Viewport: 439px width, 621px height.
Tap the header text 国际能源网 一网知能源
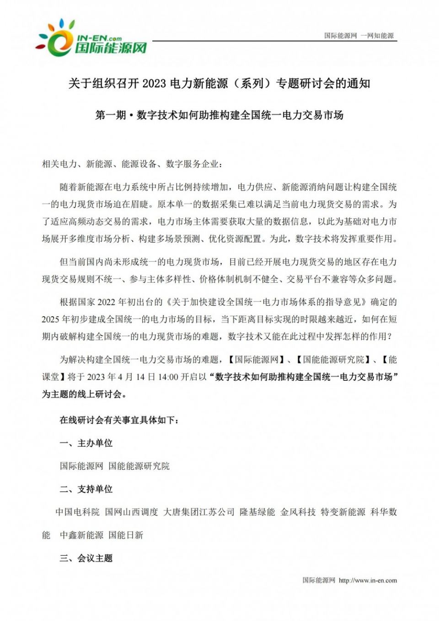359,36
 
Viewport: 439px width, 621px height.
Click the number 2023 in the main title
154,83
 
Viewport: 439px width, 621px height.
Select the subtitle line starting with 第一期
219,115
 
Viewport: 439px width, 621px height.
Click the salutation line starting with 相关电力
132,164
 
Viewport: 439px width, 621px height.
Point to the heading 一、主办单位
86,443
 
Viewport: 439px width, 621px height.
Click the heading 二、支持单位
86,489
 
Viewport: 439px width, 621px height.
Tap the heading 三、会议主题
86,558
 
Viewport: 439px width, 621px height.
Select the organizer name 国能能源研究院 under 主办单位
139,466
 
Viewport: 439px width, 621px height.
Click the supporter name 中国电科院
77,512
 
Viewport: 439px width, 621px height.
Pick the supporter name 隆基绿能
257,512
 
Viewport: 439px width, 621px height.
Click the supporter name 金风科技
298,512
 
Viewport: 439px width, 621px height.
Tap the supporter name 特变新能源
343,512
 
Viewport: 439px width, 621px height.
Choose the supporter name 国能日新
126,535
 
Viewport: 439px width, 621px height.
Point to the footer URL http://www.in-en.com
368,580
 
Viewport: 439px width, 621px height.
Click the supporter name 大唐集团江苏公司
199,512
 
